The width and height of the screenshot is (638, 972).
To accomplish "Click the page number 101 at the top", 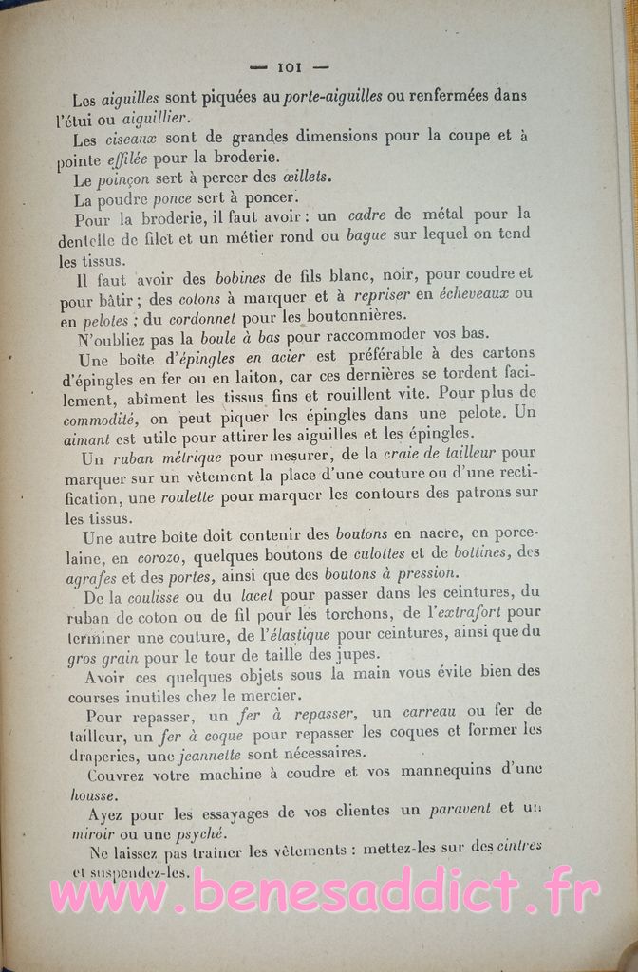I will pyautogui.click(x=288, y=67).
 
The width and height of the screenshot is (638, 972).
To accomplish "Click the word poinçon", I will pyautogui.click(x=124, y=179).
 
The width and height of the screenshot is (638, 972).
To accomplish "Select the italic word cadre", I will pyautogui.click(x=366, y=215).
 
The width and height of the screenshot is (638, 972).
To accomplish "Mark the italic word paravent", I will pyautogui.click(x=460, y=810).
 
